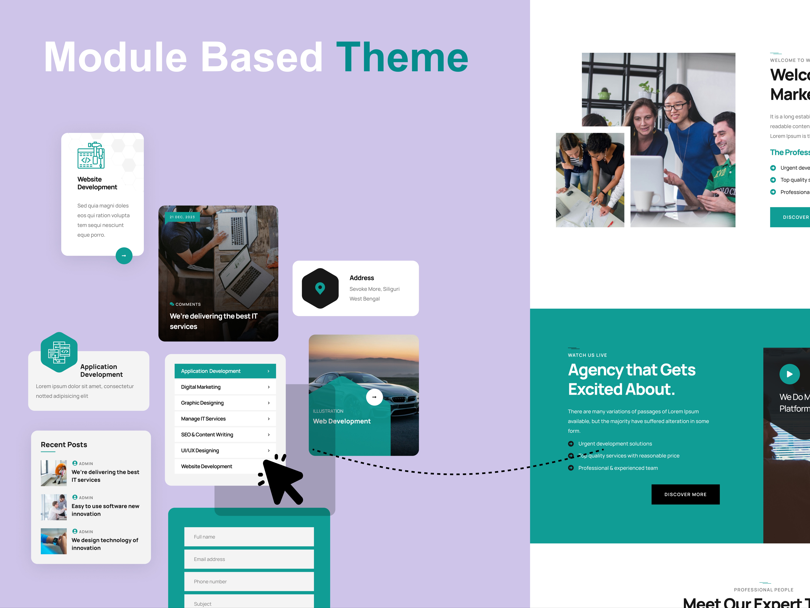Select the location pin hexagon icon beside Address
320,288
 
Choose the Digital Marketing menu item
225,387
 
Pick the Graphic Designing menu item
225,403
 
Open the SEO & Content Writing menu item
225,435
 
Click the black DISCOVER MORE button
685,494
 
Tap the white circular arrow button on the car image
374,397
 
